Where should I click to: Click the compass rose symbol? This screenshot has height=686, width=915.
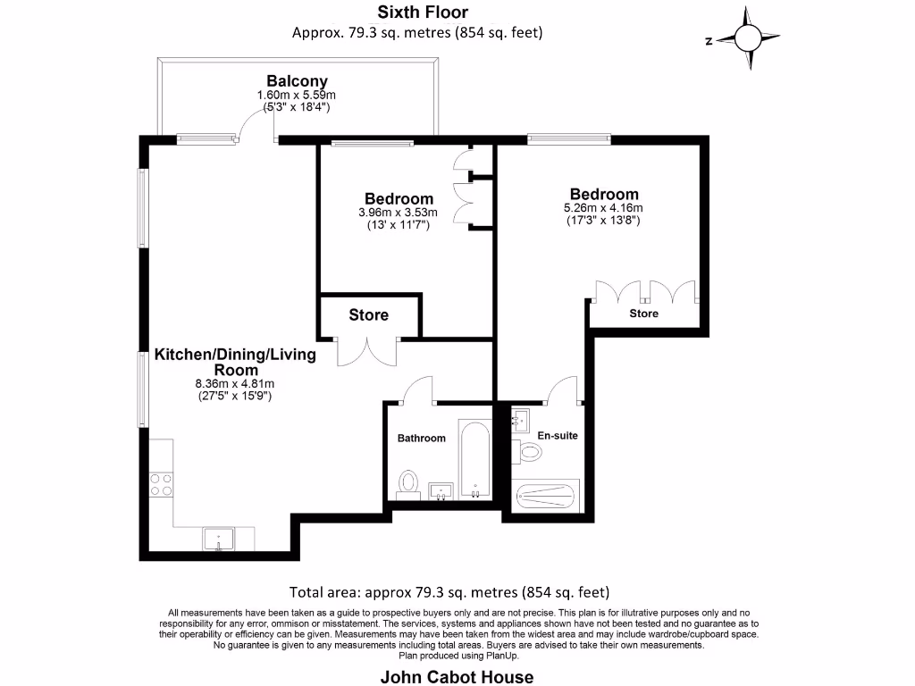click(749, 38)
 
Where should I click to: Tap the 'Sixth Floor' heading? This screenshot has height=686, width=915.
click(423, 12)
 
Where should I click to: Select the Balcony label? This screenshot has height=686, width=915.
click(297, 81)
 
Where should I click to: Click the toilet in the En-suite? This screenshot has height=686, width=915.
click(530, 453)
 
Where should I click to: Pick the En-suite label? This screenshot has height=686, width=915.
click(558, 435)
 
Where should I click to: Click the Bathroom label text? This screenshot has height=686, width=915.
click(421, 438)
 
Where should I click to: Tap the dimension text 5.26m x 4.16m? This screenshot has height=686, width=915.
click(605, 209)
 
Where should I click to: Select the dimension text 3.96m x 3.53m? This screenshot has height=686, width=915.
click(399, 213)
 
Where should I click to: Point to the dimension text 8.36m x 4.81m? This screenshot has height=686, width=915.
click(234, 384)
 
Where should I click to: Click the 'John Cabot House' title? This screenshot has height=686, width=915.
click(457, 676)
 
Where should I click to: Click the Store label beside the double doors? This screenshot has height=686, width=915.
click(368, 314)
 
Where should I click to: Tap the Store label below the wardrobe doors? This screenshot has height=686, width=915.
click(643, 314)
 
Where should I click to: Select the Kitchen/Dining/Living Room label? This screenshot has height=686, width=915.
click(236, 362)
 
